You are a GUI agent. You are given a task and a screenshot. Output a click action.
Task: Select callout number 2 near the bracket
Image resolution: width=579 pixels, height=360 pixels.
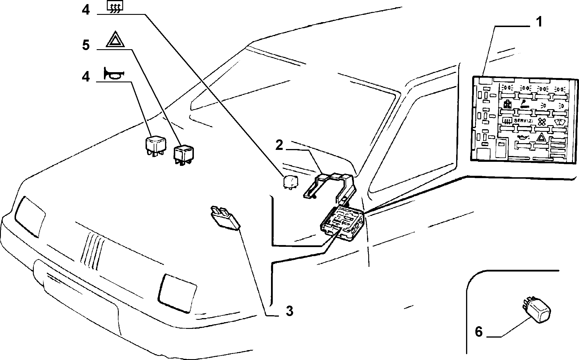coord(279,145)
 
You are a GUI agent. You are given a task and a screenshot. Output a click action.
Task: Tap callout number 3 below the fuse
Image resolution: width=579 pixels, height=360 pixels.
coord(289,311)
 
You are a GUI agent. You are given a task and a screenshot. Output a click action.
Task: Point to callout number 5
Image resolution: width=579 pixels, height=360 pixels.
coord(86,45)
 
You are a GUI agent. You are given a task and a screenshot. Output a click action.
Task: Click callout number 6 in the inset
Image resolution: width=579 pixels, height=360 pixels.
coord(479,332)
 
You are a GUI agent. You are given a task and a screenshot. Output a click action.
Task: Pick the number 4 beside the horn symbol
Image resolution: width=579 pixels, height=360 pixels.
coord(86,77)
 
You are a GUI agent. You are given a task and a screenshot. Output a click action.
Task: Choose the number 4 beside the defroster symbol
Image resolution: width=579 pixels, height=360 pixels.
coord(86,10)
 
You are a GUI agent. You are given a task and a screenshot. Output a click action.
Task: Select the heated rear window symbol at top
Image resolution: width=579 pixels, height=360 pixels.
coord(115,7)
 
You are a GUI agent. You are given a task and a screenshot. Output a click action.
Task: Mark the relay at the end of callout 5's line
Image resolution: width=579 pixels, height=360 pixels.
coord(184,154)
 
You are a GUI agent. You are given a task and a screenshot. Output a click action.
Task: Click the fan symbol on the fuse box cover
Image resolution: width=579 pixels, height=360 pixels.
coord(541,122)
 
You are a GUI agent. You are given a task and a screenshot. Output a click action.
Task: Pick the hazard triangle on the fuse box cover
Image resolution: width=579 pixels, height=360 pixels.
coord(541,138)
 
